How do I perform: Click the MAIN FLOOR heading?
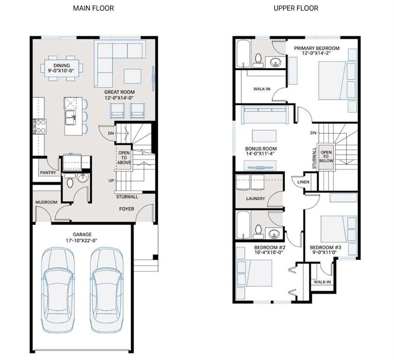[x=94, y=8]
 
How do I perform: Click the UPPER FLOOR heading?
[x=296, y=8]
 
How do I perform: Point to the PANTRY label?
[x=48, y=172]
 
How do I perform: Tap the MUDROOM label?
[x=46, y=202]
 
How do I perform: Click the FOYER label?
[x=126, y=209]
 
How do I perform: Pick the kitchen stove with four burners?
[x=39, y=126]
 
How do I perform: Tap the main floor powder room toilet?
[x=70, y=182]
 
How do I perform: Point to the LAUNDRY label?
[x=256, y=198]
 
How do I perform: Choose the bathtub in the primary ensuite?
[x=242, y=54]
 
